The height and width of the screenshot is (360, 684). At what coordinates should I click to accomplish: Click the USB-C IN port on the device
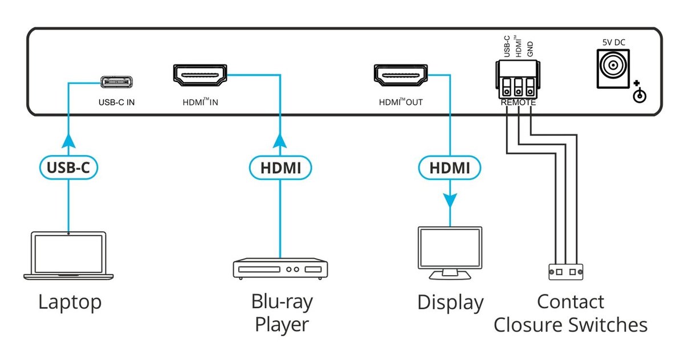117,82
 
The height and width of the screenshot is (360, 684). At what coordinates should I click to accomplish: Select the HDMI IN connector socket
200,75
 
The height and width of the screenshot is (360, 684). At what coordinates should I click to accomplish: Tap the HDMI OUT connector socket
401,75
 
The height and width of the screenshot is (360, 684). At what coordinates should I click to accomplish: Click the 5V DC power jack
613,69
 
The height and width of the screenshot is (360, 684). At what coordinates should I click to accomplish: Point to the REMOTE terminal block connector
518,79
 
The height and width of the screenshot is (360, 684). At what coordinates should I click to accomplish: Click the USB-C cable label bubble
68,167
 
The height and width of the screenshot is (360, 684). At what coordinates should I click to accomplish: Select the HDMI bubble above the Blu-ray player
280,168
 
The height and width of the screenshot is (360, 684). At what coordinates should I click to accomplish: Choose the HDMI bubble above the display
450,168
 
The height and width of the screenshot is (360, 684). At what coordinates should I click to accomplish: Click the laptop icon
68,256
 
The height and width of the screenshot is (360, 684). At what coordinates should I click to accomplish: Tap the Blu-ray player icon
280,269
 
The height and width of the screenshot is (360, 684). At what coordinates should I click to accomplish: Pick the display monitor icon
450,253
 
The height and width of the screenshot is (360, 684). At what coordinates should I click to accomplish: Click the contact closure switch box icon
566,272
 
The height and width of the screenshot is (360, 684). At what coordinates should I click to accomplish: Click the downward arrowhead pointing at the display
450,201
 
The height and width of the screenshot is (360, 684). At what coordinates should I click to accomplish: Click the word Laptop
70,302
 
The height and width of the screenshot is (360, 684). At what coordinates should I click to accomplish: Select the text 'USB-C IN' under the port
117,103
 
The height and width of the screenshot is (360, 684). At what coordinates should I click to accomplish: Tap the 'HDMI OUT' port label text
401,102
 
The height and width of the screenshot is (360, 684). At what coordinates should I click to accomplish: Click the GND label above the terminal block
530,49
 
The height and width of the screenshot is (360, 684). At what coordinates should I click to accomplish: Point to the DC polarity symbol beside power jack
639,92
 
